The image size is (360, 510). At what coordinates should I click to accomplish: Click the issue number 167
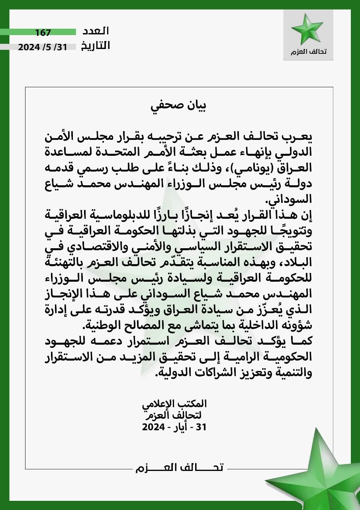click(43, 32)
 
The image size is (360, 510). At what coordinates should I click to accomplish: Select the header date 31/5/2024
click(43, 47)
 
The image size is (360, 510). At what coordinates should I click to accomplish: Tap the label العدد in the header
click(95, 31)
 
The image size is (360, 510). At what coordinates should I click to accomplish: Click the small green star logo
click(307, 29)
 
